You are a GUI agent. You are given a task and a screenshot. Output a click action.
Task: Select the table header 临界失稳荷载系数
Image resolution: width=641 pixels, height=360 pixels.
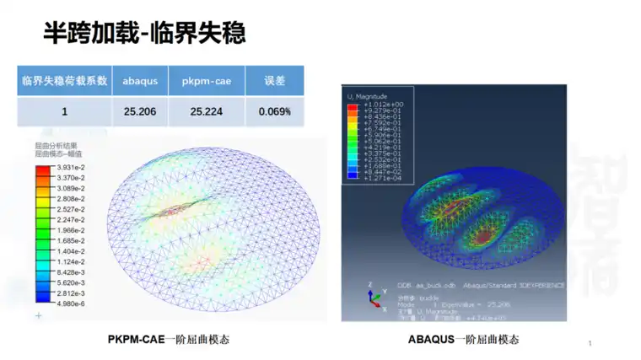point(64,81)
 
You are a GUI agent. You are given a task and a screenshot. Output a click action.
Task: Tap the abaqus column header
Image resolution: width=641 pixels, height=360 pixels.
point(139,81)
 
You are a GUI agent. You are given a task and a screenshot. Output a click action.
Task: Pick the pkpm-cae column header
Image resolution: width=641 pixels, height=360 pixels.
point(206,81)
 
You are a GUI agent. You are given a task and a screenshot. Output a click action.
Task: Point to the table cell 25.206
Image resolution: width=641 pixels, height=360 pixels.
point(139,111)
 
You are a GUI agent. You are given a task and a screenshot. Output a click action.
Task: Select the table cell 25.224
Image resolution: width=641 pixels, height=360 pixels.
point(206,111)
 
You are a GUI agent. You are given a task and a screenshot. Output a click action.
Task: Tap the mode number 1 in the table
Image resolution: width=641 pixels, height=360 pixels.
point(64,111)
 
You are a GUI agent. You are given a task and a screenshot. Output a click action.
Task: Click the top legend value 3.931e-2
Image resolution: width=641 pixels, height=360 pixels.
point(71,168)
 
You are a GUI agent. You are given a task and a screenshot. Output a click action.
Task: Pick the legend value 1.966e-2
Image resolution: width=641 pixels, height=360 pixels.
point(71,230)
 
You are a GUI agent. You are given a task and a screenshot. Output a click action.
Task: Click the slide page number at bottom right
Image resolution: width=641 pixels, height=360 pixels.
point(590,343)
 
